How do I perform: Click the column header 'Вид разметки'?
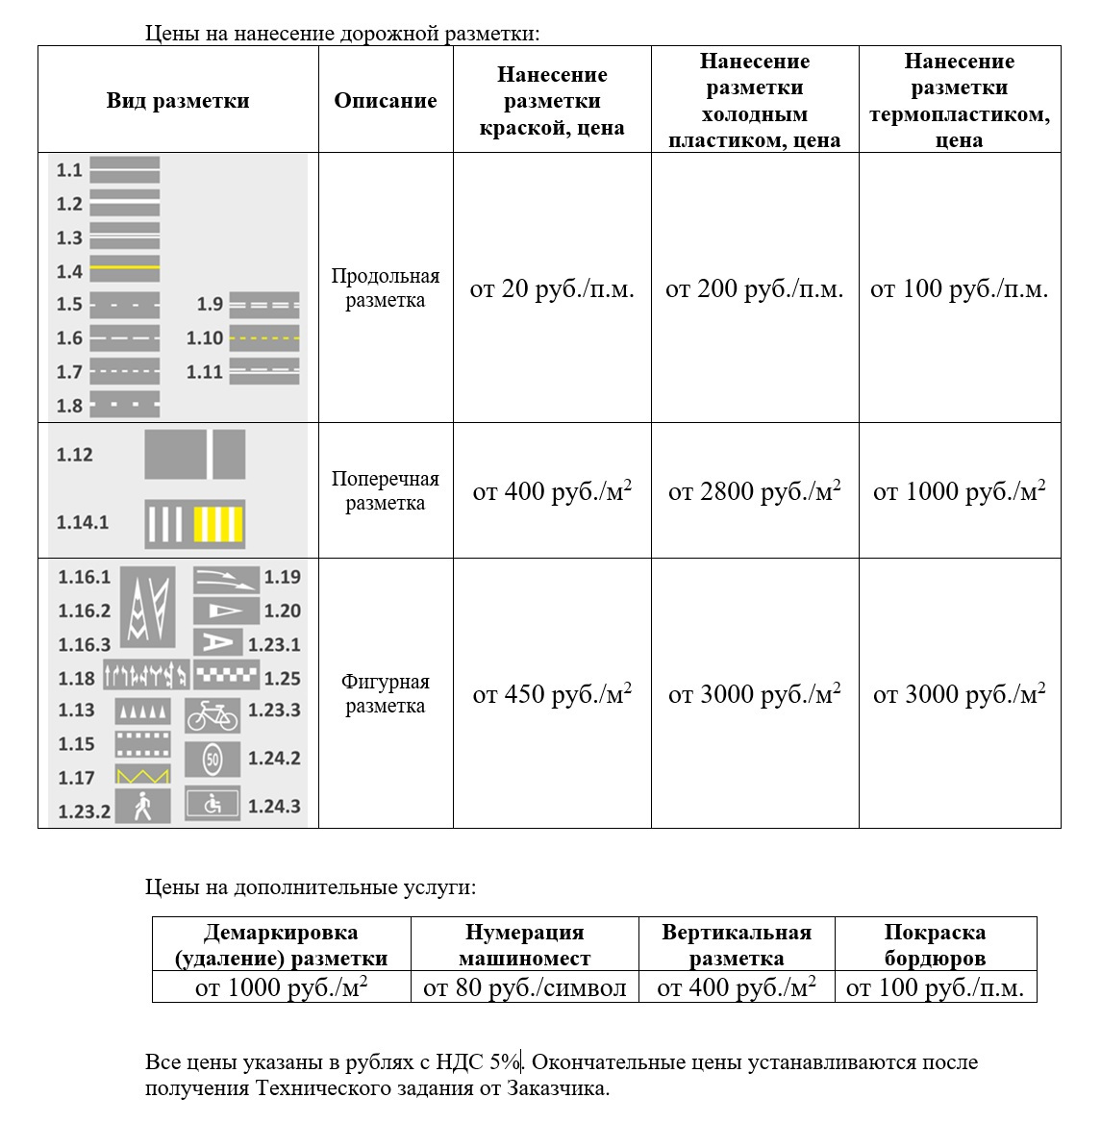(178, 101)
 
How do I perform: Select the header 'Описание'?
(386, 101)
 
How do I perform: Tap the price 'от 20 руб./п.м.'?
(552, 289)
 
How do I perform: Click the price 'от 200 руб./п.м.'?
(755, 289)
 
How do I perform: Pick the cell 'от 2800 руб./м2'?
(755, 492)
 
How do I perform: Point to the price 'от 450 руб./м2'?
(552, 694)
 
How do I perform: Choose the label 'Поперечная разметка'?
(386, 491)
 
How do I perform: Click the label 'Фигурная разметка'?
(386, 694)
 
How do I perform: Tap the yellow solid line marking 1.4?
(124, 267)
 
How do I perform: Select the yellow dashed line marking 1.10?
(264, 338)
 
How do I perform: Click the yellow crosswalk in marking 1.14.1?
(218, 525)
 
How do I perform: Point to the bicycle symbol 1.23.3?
(213, 715)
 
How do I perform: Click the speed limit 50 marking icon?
(213, 761)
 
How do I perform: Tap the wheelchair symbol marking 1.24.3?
(213, 805)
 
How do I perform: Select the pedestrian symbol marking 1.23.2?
(142, 807)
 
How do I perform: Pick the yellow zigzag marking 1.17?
(142, 775)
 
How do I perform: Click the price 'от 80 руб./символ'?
(525, 987)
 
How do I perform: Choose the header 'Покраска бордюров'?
(935, 945)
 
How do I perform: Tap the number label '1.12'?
(75, 455)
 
